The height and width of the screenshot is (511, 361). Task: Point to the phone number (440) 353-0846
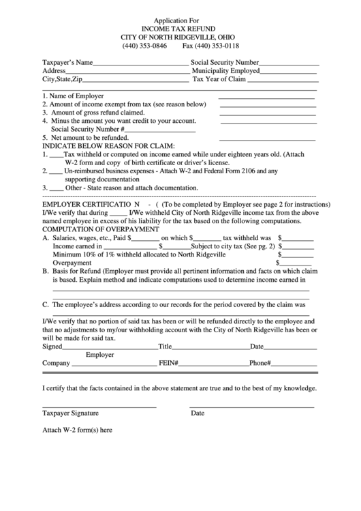144,46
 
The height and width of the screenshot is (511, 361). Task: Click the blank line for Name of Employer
268,96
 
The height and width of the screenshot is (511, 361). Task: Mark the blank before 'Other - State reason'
57,188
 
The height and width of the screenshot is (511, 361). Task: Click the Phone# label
260,364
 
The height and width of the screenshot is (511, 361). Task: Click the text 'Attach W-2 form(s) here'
77,430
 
